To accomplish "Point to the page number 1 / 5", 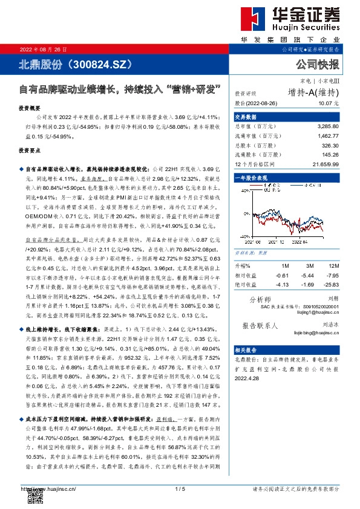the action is tap(180, 488).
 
